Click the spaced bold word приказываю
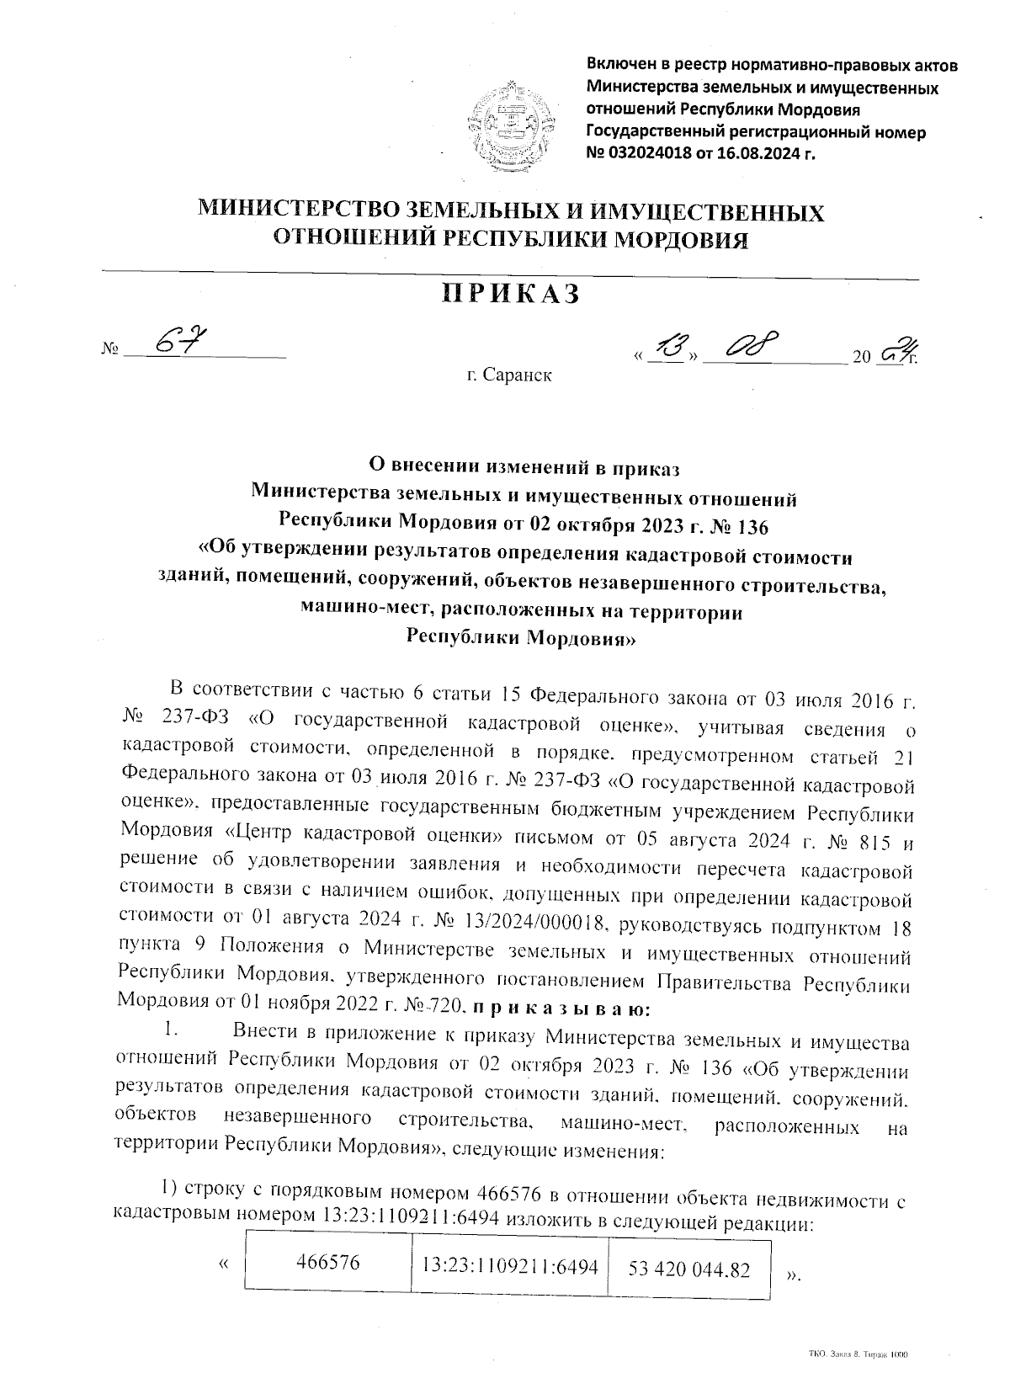pyautogui.click(x=555, y=1008)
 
